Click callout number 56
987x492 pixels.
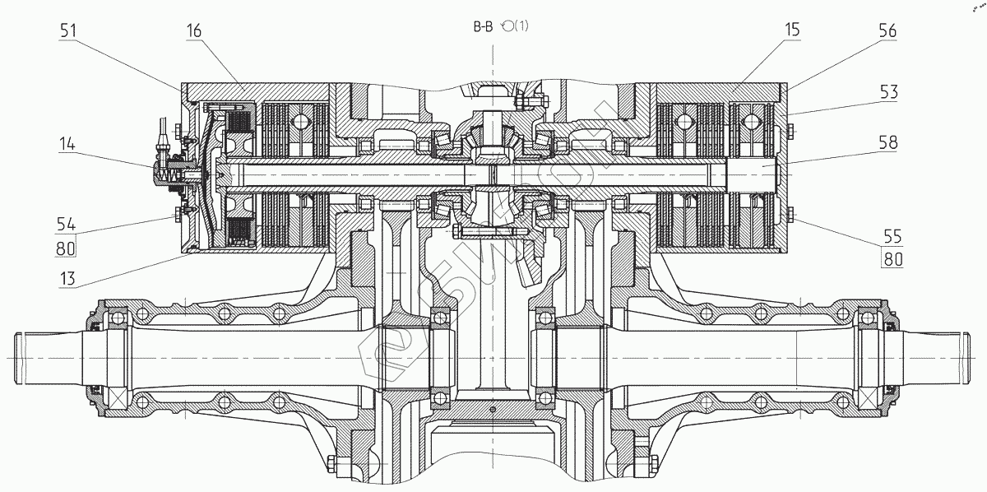[x=887, y=30]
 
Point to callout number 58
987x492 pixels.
[x=887, y=142]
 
